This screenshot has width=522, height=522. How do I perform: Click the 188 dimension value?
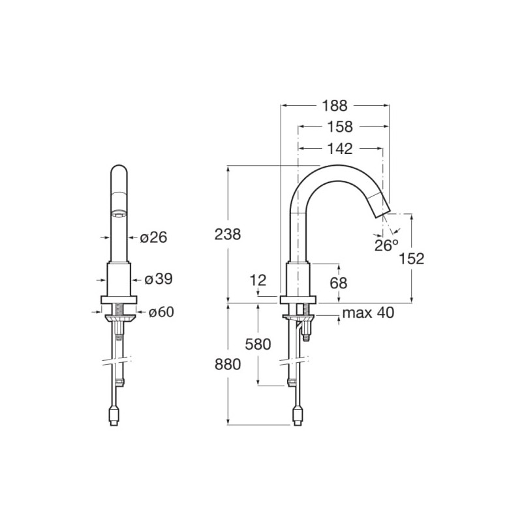(335, 106)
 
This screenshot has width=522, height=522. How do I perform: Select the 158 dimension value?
(340, 127)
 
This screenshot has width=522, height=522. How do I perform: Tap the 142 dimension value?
(340, 149)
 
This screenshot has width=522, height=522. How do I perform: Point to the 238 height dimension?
(228, 234)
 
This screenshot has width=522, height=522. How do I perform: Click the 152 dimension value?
(412, 258)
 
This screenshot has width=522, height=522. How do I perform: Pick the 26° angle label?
(386, 245)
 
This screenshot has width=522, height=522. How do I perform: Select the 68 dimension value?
(339, 283)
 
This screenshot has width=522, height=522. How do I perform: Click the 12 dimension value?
(258, 281)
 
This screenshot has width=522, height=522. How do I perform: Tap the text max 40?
(368, 313)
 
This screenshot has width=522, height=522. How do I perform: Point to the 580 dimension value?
(258, 345)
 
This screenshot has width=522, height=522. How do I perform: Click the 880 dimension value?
(228, 365)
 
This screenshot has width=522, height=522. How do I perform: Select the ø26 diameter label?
(153, 238)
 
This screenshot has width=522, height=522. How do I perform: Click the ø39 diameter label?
(159, 280)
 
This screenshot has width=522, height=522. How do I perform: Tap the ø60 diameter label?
(161, 313)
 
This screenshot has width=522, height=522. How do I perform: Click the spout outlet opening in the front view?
(118, 214)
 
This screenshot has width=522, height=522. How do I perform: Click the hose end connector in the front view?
(114, 416)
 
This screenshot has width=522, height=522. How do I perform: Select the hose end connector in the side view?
(298, 416)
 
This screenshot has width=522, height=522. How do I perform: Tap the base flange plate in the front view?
(119, 299)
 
